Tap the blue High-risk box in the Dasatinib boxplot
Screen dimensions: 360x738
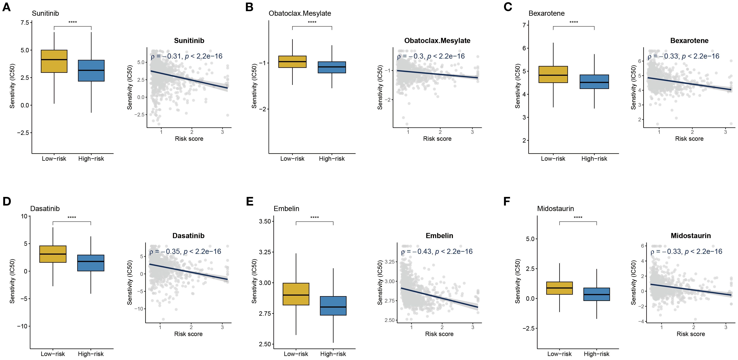click(91, 263)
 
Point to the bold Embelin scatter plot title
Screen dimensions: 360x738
click(439, 236)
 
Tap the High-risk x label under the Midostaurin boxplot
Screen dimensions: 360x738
click(597, 354)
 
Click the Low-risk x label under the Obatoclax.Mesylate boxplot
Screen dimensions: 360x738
click(292, 159)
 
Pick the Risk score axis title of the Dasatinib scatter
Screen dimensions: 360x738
click(188, 334)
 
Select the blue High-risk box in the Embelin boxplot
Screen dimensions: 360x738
click(333, 306)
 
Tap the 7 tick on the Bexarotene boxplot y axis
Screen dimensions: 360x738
click(524, 25)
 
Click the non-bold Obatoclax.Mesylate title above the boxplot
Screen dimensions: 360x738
click(300, 14)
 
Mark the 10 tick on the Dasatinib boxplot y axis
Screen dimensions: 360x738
click(24, 216)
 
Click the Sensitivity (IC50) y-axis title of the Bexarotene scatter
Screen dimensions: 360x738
click(633, 87)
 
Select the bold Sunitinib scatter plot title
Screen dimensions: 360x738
click(189, 41)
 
